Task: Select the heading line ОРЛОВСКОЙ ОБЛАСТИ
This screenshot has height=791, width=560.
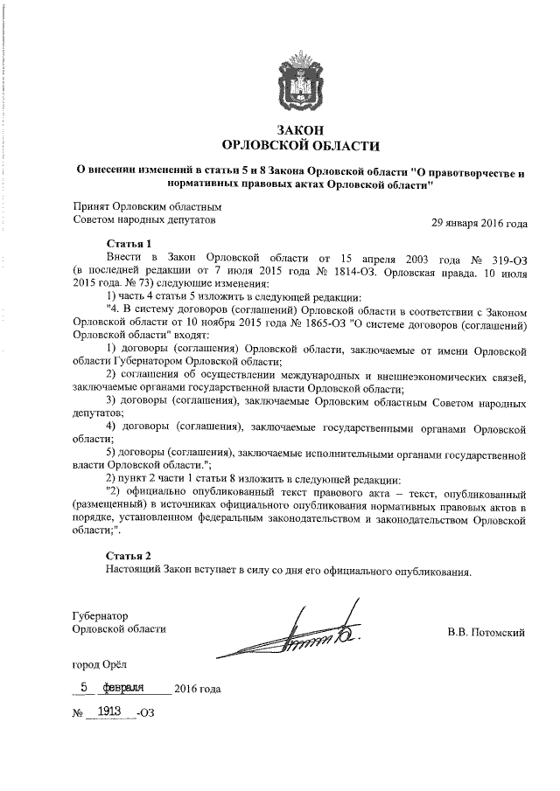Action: point(290,145)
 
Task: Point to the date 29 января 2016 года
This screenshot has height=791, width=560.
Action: point(479,222)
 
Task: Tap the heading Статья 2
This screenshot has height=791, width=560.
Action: point(129,556)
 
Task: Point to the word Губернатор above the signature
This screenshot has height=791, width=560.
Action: point(101,615)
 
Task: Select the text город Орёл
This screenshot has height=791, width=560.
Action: point(100,666)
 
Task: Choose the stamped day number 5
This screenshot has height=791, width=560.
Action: point(84,687)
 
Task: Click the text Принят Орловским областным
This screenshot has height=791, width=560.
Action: point(148,206)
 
